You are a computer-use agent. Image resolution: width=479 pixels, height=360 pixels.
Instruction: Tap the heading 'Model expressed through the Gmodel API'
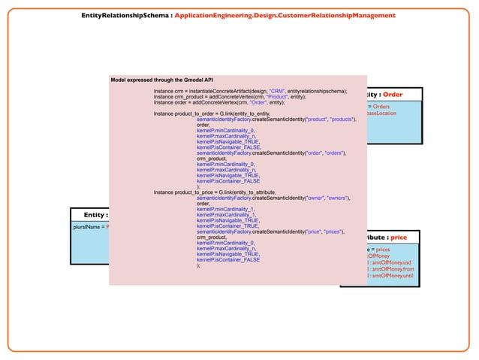pos(161,79)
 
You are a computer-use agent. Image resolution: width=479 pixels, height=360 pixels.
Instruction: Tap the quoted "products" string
pos(343,119)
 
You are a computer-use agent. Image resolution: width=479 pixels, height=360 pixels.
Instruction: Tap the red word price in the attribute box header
pos(399,237)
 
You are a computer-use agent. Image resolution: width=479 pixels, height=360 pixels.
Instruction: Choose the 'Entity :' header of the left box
pos(95,215)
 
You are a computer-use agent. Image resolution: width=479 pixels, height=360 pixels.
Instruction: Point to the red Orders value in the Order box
pos(386,107)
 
